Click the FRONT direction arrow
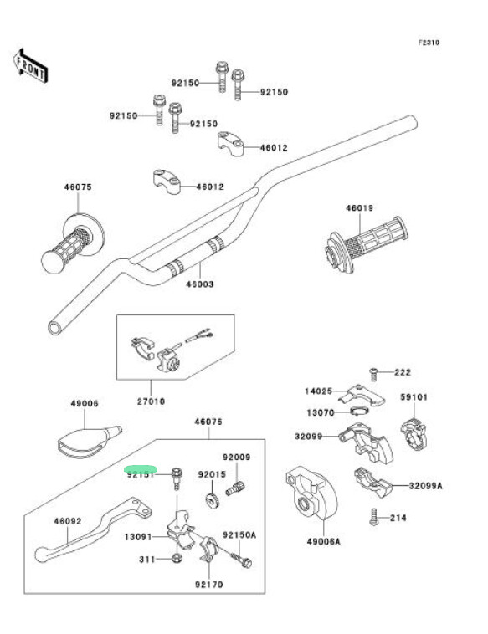pos(30,66)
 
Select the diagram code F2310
pos(429,43)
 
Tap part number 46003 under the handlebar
pos(199,284)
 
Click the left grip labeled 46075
pos(73,243)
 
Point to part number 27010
pos(151,401)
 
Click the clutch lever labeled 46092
pos(93,529)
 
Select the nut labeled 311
pos(177,559)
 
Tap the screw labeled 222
pos(373,374)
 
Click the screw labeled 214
pos(374,517)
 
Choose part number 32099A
pos(426,486)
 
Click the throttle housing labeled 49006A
pos(311,493)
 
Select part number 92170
pos(208,585)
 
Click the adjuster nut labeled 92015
pos(211,500)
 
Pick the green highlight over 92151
pos(141,469)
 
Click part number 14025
pos(318,391)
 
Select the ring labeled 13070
pos(359,411)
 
